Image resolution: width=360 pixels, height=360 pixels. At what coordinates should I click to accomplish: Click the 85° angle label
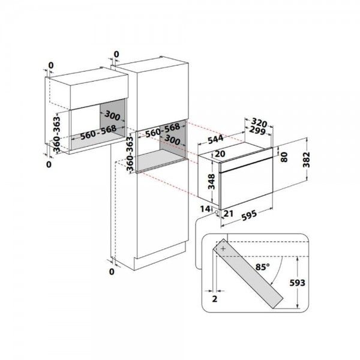click(262, 267)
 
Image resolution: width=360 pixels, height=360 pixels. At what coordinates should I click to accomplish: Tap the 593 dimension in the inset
click(297, 283)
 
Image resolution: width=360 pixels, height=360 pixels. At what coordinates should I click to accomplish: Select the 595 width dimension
click(249, 216)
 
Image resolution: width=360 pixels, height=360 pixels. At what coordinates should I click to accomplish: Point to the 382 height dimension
click(306, 160)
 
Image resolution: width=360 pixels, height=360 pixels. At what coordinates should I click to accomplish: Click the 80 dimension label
click(284, 157)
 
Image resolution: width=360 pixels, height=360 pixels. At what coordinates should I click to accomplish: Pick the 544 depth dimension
click(215, 139)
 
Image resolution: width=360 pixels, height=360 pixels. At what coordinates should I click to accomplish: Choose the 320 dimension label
click(259, 122)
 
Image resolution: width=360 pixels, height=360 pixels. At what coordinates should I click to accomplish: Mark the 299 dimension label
click(257, 130)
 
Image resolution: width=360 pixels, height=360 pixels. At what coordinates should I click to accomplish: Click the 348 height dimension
click(211, 182)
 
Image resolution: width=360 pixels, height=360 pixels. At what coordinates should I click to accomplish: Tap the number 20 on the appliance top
click(220, 154)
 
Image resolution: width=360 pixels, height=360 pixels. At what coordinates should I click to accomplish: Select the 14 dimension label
click(205, 209)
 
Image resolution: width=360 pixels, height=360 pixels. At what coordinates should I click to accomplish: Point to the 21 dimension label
click(229, 214)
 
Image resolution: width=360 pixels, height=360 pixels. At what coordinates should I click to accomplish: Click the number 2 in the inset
click(215, 299)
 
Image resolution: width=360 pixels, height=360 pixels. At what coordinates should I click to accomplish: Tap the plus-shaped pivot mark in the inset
click(223, 248)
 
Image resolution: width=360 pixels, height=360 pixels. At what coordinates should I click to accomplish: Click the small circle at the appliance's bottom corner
click(217, 212)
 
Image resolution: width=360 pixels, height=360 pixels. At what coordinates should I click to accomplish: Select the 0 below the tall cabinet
click(112, 272)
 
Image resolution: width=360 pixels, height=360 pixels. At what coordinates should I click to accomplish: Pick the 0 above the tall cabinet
click(116, 55)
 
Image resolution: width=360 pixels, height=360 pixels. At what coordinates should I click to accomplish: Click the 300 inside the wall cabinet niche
click(112, 115)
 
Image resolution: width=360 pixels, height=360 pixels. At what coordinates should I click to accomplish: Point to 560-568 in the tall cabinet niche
click(163, 130)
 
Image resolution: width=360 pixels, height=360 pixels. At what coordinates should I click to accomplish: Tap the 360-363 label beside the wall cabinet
click(56, 134)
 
